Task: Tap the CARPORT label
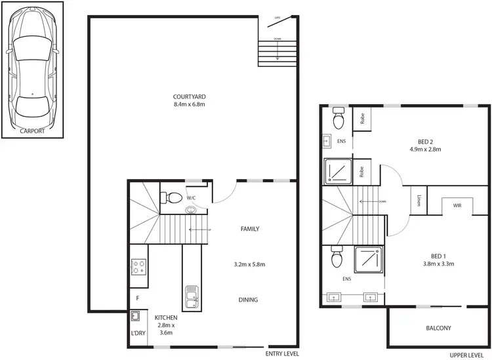32,130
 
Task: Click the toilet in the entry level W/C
173,196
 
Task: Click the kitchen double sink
192,297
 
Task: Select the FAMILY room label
250,229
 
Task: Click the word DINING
249,300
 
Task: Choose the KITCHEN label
166,317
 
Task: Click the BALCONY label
438,329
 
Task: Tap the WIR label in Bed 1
457,205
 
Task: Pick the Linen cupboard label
418,199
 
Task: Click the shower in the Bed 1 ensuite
367,259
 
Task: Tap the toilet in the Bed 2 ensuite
339,120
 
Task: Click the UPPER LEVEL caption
467,354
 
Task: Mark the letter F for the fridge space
137,298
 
